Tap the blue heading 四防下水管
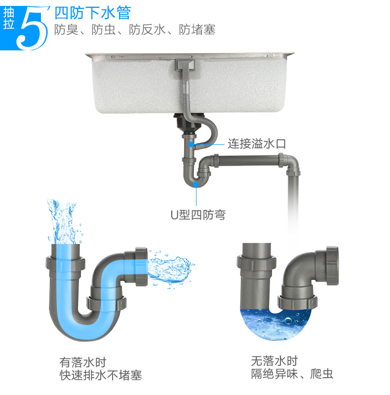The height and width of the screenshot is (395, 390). (93, 13)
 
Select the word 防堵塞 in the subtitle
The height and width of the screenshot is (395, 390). (197, 30)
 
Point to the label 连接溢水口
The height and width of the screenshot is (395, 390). (257, 144)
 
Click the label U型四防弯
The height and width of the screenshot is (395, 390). (198, 215)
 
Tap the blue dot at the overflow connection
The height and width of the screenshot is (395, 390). (192, 144)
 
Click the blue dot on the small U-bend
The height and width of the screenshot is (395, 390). (196, 185)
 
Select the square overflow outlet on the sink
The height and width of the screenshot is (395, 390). (186, 65)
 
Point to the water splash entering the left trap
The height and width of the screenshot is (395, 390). (64, 222)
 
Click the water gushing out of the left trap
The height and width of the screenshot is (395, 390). (169, 269)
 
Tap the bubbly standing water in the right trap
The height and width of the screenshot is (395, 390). (276, 324)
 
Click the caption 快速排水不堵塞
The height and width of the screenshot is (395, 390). (101, 375)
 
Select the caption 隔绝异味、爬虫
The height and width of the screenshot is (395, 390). (292, 374)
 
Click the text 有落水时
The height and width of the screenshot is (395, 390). (83, 363)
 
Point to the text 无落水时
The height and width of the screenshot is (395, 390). (274, 361)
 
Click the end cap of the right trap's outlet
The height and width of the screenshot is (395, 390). (332, 266)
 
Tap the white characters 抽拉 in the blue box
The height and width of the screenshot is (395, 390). (9, 19)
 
